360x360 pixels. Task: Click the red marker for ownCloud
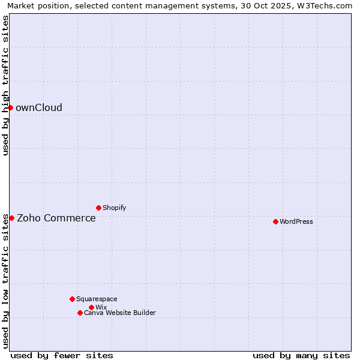coord(10,107)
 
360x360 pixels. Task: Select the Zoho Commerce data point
coord(11,218)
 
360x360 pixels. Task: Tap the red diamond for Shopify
coord(98,208)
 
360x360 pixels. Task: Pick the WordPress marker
coord(275,221)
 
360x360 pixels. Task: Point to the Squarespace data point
coord(72,299)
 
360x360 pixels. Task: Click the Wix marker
coord(91,307)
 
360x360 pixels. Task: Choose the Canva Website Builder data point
coord(80,313)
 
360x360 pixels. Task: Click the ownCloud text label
coord(39,108)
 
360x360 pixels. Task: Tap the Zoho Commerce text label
coord(56,218)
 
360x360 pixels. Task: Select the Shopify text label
coord(114,208)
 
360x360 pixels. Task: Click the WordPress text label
coord(296,222)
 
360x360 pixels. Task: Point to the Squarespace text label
coord(97,299)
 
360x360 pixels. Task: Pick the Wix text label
coord(101,308)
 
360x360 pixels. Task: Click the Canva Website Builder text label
coord(120,313)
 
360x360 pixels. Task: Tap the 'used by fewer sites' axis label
coord(62,355)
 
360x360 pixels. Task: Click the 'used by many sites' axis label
coord(301,355)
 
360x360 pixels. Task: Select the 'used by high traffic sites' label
coord(6,85)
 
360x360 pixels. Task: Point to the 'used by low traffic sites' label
coord(6,281)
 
